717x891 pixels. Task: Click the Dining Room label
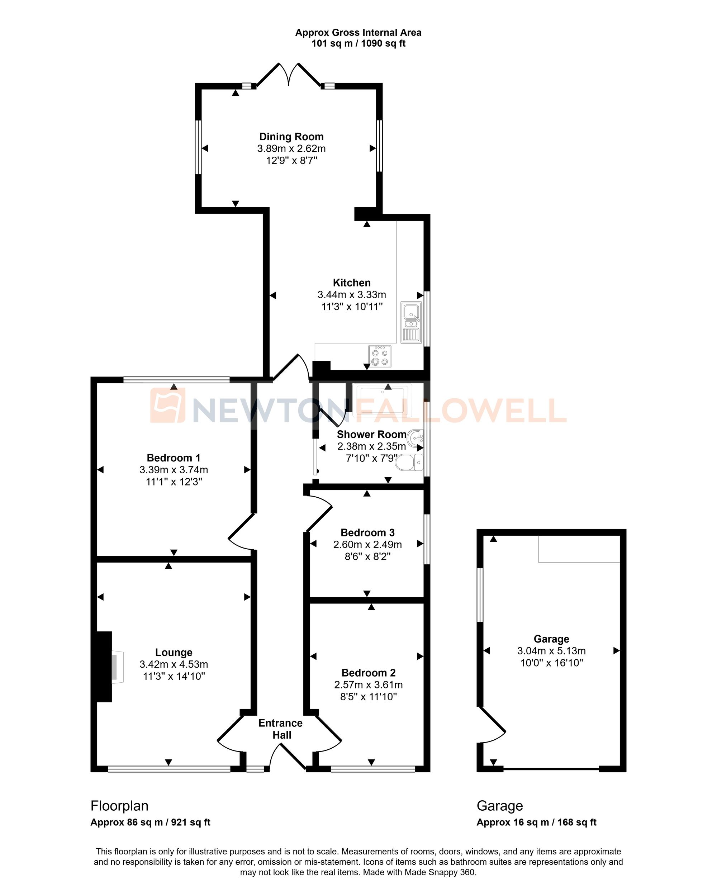(291, 137)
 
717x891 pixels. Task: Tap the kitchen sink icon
(411, 322)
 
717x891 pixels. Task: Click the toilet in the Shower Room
(409, 463)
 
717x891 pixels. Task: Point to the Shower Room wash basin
(416, 437)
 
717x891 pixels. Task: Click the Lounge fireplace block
(105, 667)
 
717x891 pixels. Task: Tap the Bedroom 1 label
(174, 458)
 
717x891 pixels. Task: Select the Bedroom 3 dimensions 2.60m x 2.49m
(367, 545)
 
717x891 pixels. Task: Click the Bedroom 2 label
(368, 673)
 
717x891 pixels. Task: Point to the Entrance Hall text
(281, 729)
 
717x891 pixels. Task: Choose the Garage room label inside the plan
(551, 639)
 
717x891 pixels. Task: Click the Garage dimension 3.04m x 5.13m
(551, 651)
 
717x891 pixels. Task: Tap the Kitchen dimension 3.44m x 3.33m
(352, 295)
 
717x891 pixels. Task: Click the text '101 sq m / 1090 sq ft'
(358, 43)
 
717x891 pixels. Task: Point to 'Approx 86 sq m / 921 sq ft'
(151, 823)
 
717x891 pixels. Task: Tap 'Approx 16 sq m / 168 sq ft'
(536, 823)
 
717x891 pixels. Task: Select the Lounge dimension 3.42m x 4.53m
(174, 664)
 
